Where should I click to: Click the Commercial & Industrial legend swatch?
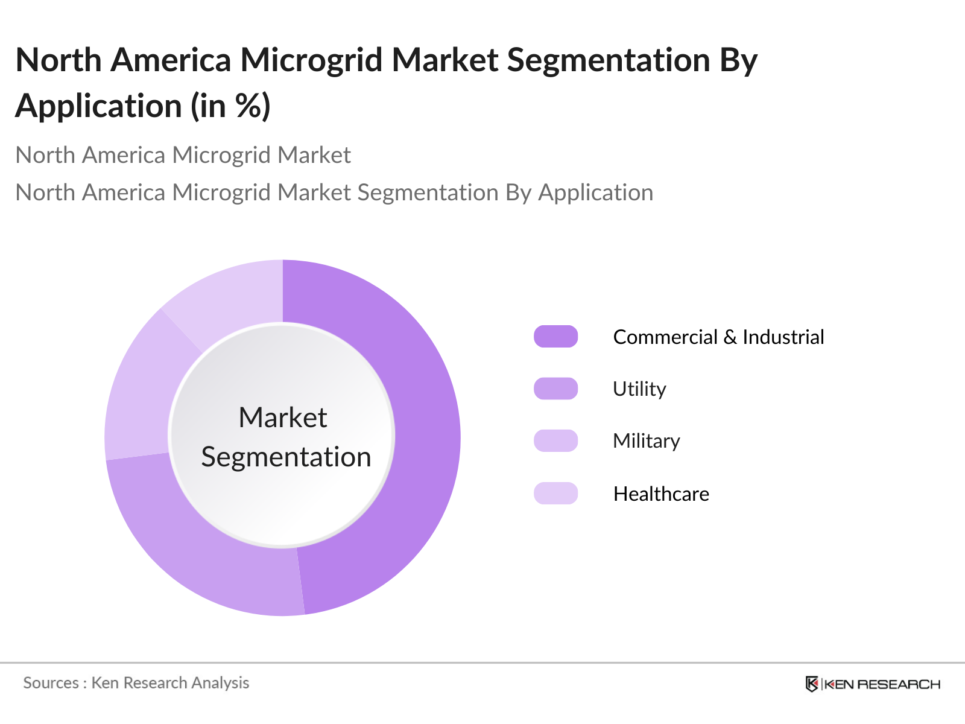[x=555, y=337]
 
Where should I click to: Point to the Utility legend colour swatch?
[x=555, y=389]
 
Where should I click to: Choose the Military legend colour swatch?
[x=555, y=440]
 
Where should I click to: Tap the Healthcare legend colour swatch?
[x=555, y=493]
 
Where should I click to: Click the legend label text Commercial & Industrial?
[x=718, y=337]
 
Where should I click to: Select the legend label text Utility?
[x=639, y=389]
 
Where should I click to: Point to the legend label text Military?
[x=646, y=441]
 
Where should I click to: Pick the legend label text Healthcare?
[x=661, y=494]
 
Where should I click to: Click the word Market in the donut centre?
[x=283, y=418]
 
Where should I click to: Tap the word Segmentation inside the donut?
[x=286, y=457]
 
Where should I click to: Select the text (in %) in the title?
[x=231, y=106]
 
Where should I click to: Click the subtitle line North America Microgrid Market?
[x=183, y=155]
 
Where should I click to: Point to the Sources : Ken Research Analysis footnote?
[x=136, y=683]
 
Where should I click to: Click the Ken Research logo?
[x=873, y=684]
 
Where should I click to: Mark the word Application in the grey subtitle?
[x=595, y=192]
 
